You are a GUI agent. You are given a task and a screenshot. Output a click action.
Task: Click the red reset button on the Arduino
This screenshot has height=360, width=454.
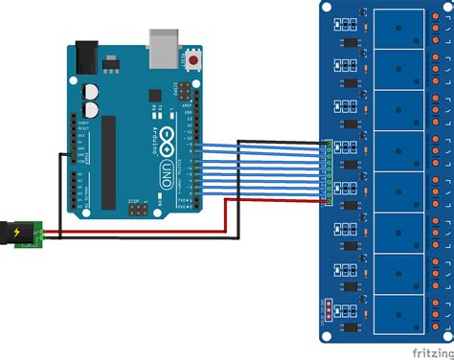(x=195, y=60)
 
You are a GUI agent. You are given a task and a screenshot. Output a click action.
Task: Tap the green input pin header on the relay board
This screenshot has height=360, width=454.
(x=328, y=171)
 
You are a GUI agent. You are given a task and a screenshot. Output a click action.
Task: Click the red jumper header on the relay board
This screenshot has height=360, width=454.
(x=328, y=309)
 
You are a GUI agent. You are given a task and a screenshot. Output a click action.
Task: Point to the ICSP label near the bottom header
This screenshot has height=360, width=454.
(x=136, y=201)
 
